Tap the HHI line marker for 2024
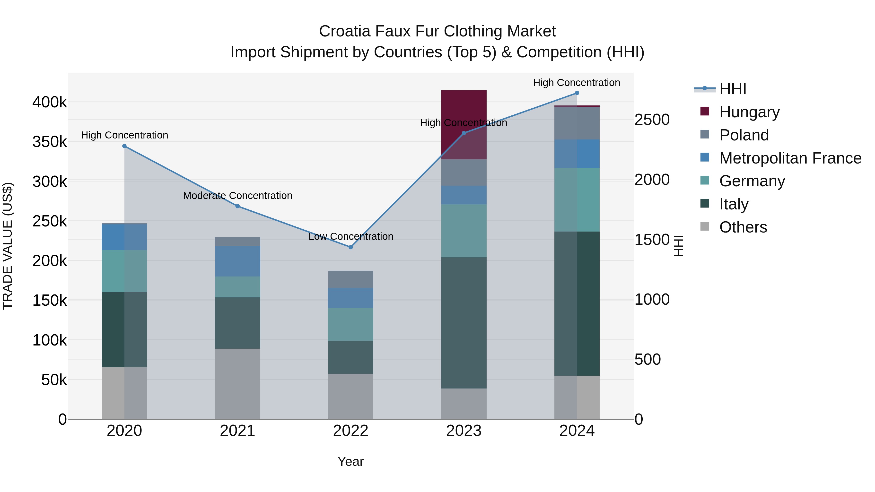point(577,93)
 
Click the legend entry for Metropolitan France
point(790,158)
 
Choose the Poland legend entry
point(744,135)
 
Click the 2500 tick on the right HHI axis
point(652,120)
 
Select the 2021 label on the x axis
point(237,431)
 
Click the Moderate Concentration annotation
point(237,196)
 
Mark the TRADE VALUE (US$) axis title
point(8,246)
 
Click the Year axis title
point(350,461)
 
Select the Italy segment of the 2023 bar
point(464,323)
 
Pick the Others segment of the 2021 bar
point(237,384)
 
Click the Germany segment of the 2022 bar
point(350,324)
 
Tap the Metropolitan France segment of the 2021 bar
point(237,261)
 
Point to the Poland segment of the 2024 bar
point(577,123)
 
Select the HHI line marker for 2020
point(124,146)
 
